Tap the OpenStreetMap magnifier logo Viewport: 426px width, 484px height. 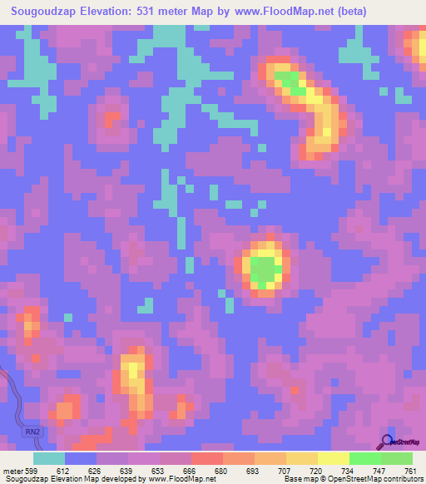tap(387, 442)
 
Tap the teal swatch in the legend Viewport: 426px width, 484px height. tap(49, 458)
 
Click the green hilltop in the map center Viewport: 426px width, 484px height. tap(265, 270)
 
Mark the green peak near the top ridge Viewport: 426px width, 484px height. tap(288, 81)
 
